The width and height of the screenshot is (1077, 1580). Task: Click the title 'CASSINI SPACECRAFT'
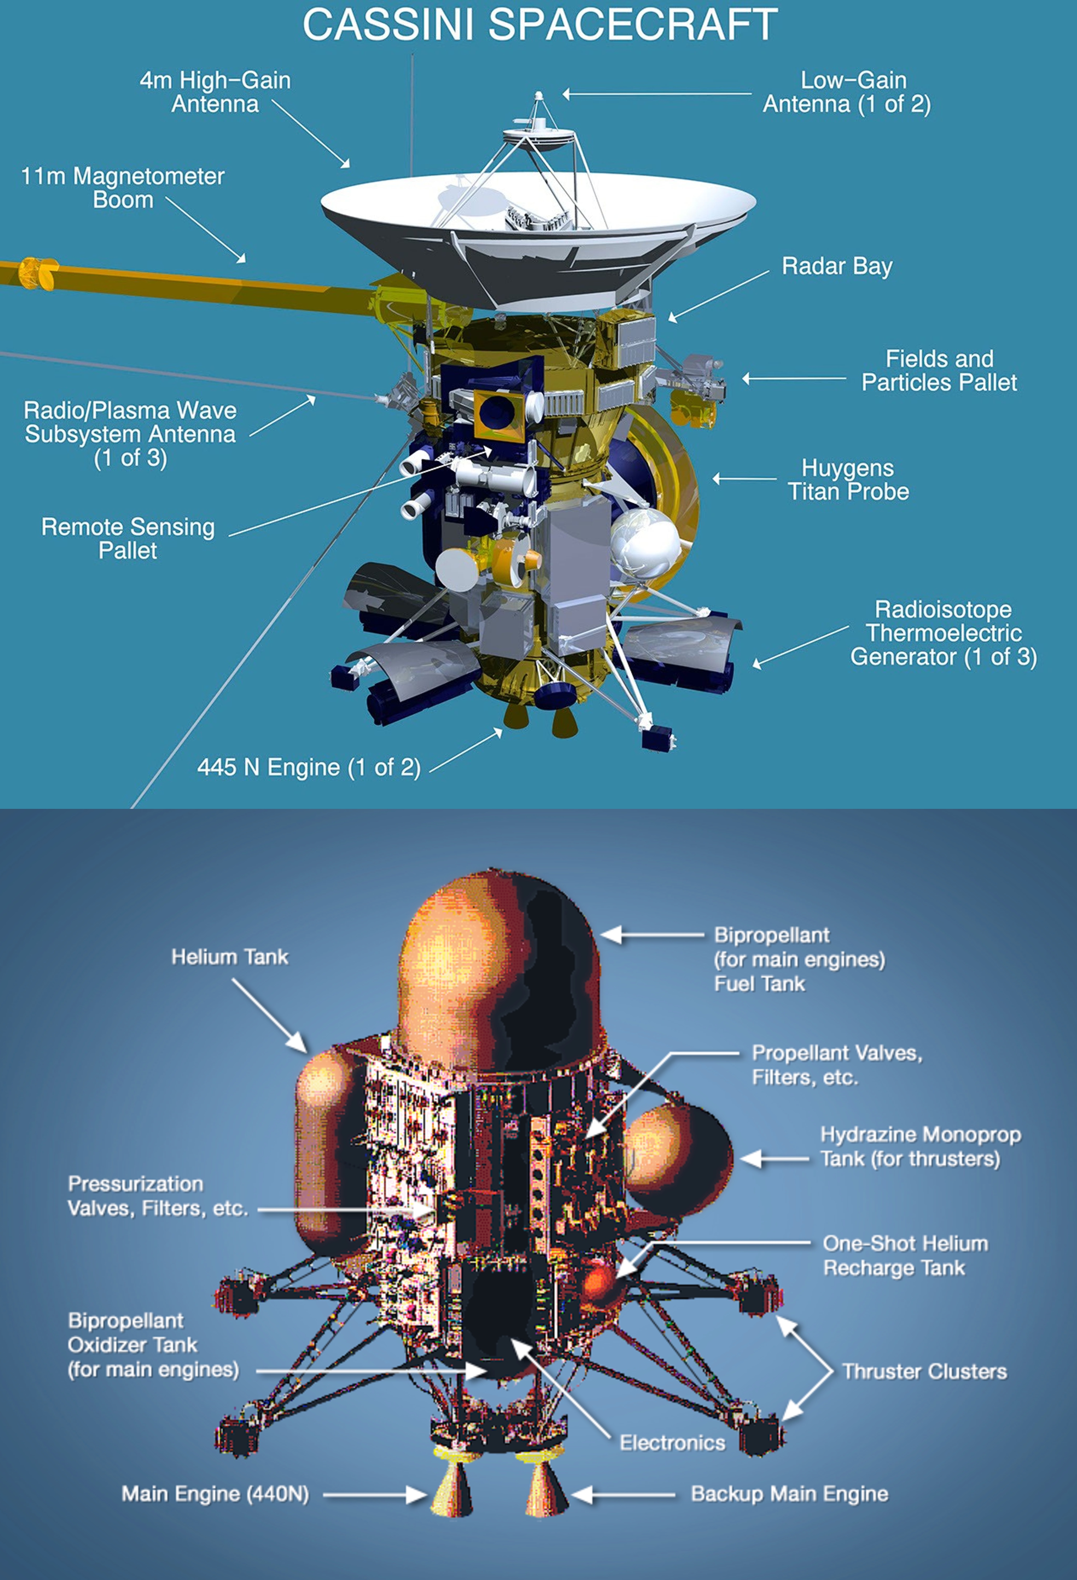[540, 25]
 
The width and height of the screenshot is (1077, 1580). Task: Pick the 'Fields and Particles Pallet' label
[939, 370]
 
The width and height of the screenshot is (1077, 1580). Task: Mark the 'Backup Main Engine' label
[789, 1494]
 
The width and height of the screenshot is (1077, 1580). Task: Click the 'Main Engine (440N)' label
[215, 1494]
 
